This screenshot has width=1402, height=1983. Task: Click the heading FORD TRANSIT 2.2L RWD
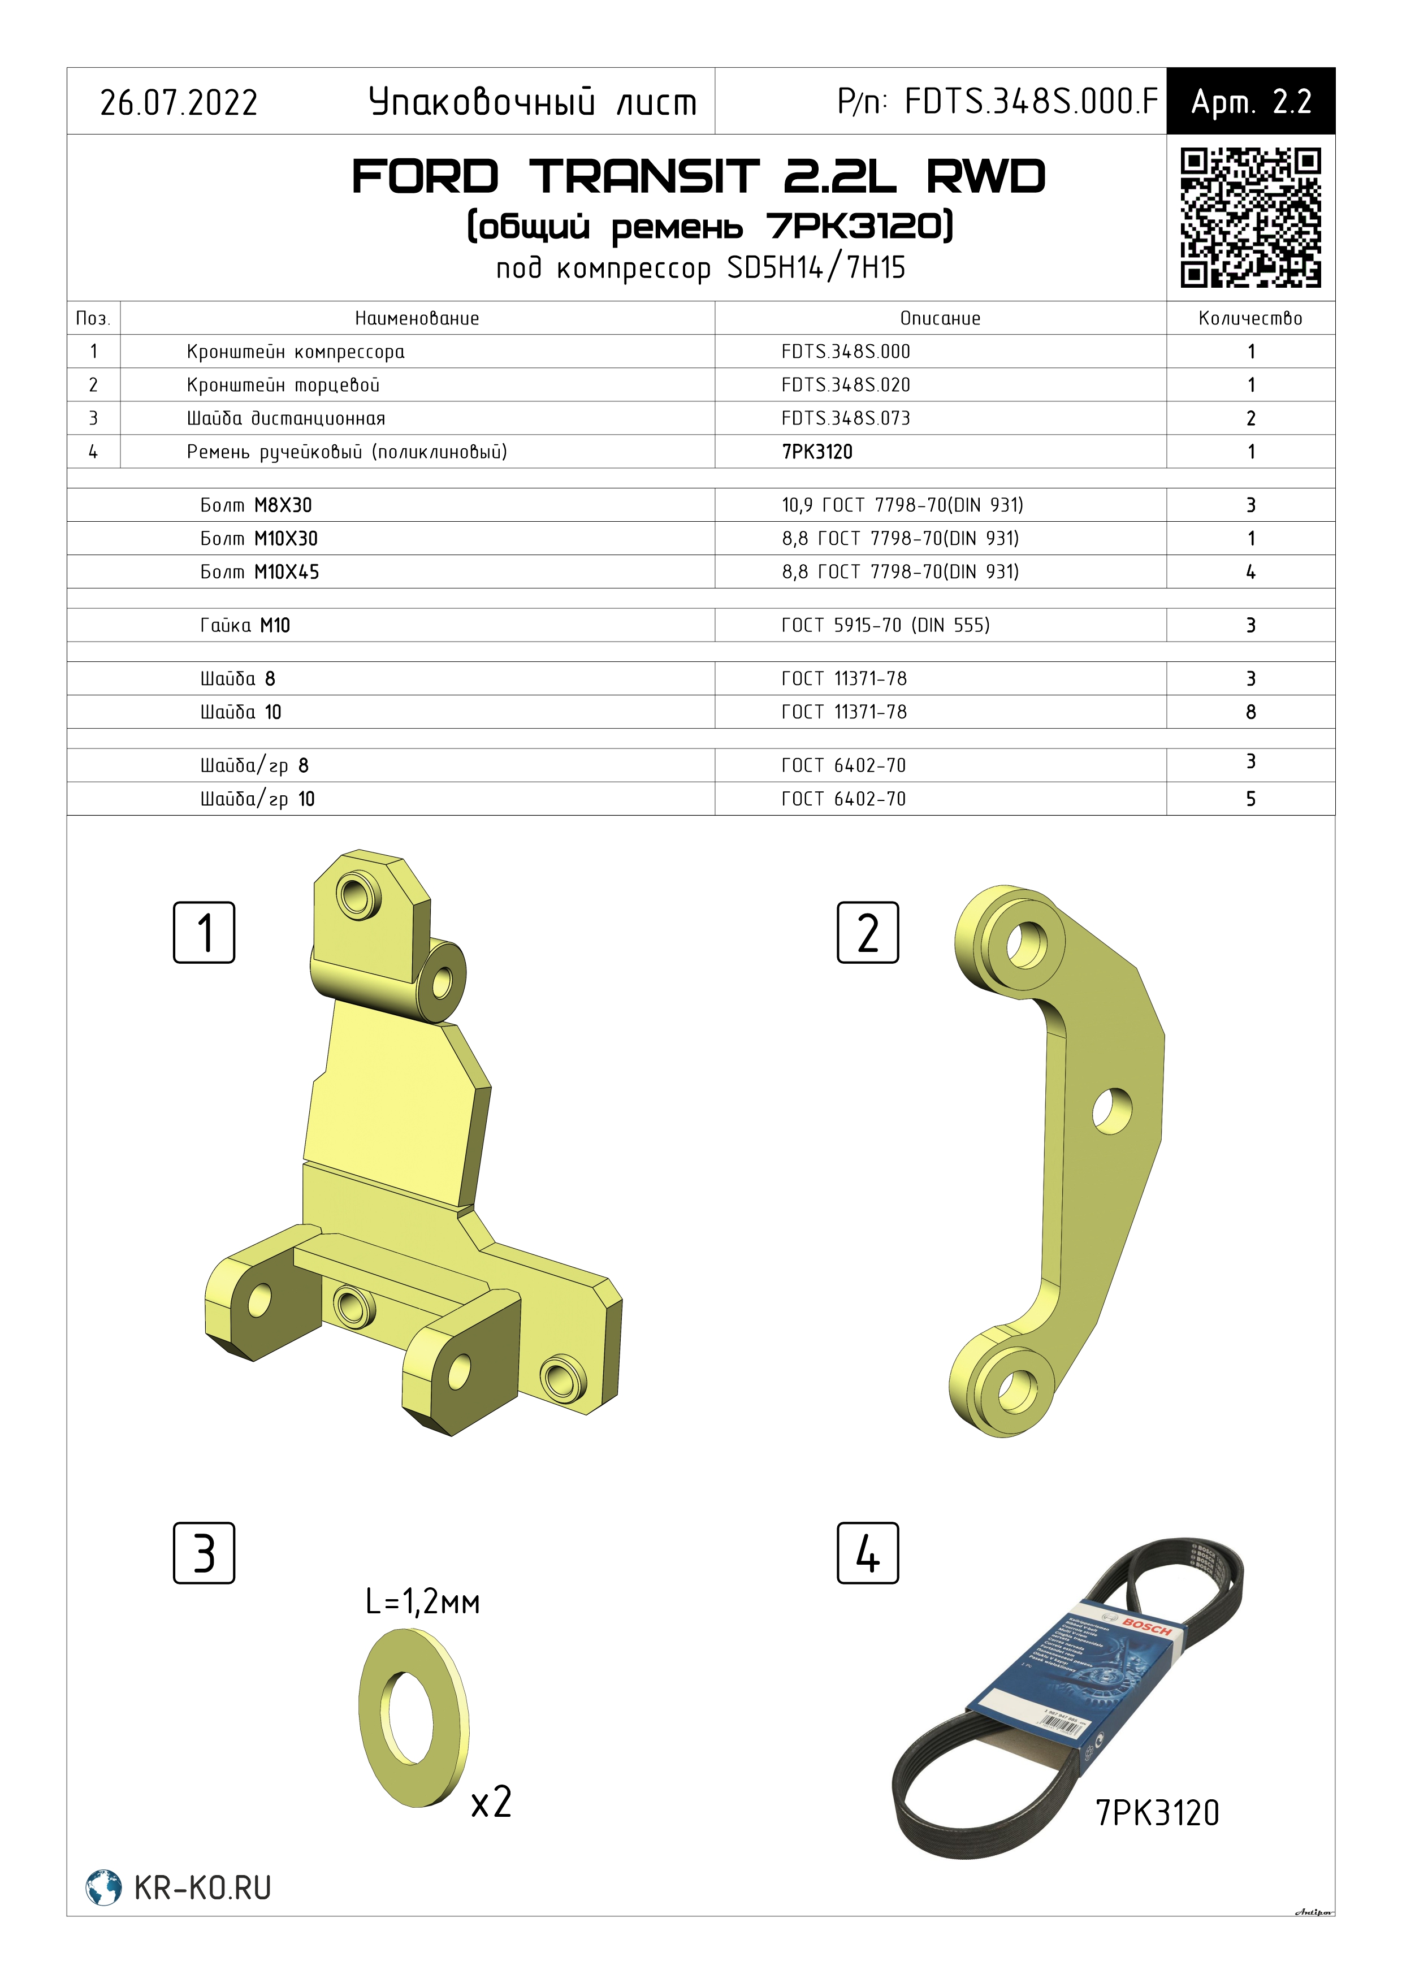pyautogui.click(x=698, y=177)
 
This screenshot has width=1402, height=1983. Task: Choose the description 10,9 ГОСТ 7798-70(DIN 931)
pyautogui.click(x=902, y=505)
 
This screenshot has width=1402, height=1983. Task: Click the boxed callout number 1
pyautogui.click(x=204, y=933)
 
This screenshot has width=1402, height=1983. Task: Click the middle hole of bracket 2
pyautogui.click(x=1112, y=1110)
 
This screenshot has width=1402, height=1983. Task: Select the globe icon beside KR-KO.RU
pyautogui.click(x=103, y=1887)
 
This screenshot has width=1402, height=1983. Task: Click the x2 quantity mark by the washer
pyautogui.click(x=491, y=1803)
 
